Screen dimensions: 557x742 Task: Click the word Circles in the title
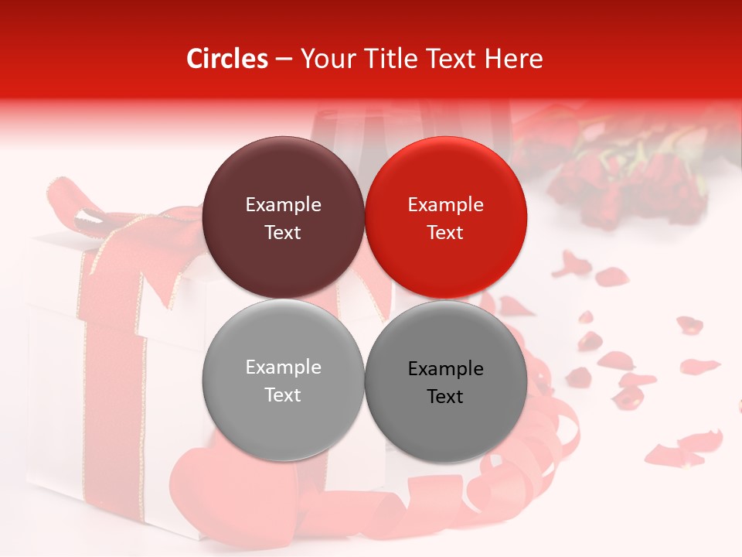coord(226,59)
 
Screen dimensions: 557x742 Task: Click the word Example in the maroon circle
coord(283,205)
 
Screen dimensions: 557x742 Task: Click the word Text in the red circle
coord(445,233)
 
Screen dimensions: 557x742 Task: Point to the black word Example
coord(445,369)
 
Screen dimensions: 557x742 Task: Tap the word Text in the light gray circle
coord(283,395)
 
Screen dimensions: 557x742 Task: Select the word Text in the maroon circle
coord(283,233)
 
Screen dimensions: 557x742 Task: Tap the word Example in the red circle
coord(445,205)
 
